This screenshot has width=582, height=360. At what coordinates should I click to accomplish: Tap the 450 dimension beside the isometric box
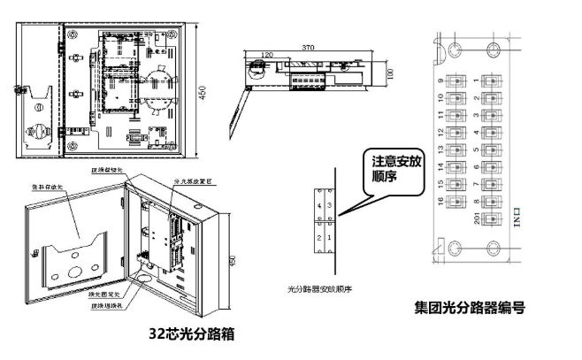[233, 261]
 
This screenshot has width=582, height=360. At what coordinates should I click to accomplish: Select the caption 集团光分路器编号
[471, 309]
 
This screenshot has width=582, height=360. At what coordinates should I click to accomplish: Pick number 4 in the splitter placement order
[319, 205]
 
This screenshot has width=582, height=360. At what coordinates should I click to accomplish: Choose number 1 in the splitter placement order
[331, 239]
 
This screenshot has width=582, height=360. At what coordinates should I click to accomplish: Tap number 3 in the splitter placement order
[331, 205]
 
